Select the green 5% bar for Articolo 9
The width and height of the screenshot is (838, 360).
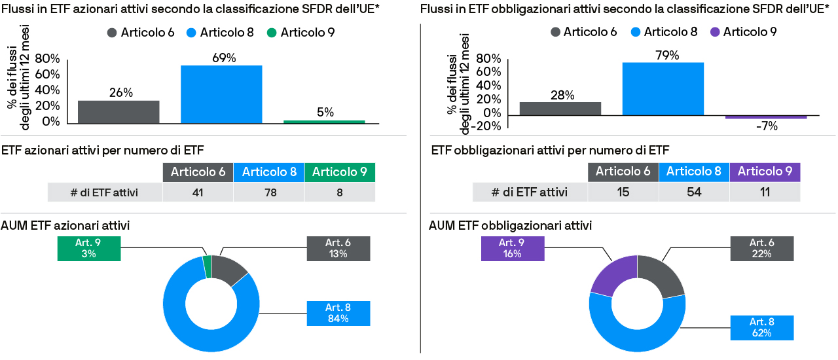pyautogui.click(x=324, y=122)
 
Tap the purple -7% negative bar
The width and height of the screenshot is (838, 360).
pyautogui.click(x=765, y=117)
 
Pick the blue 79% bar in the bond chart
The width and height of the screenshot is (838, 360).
pyautogui.click(x=663, y=88)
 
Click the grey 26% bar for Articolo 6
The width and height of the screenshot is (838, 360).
pyautogui.click(x=118, y=111)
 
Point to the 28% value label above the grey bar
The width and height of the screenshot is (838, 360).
pyautogui.click(x=560, y=96)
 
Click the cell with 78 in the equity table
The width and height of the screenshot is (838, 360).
pyautogui.click(x=269, y=192)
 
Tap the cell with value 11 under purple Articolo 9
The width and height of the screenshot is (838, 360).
pyautogui.click(x=765, y=192)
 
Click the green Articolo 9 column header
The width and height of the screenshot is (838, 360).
pyautogui.click(x=339, y=172)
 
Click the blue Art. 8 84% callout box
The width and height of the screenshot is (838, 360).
pyautogui.click(x=338, y=313)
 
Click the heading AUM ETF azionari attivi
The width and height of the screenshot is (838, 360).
pyautogui.click(x=65, y=225)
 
